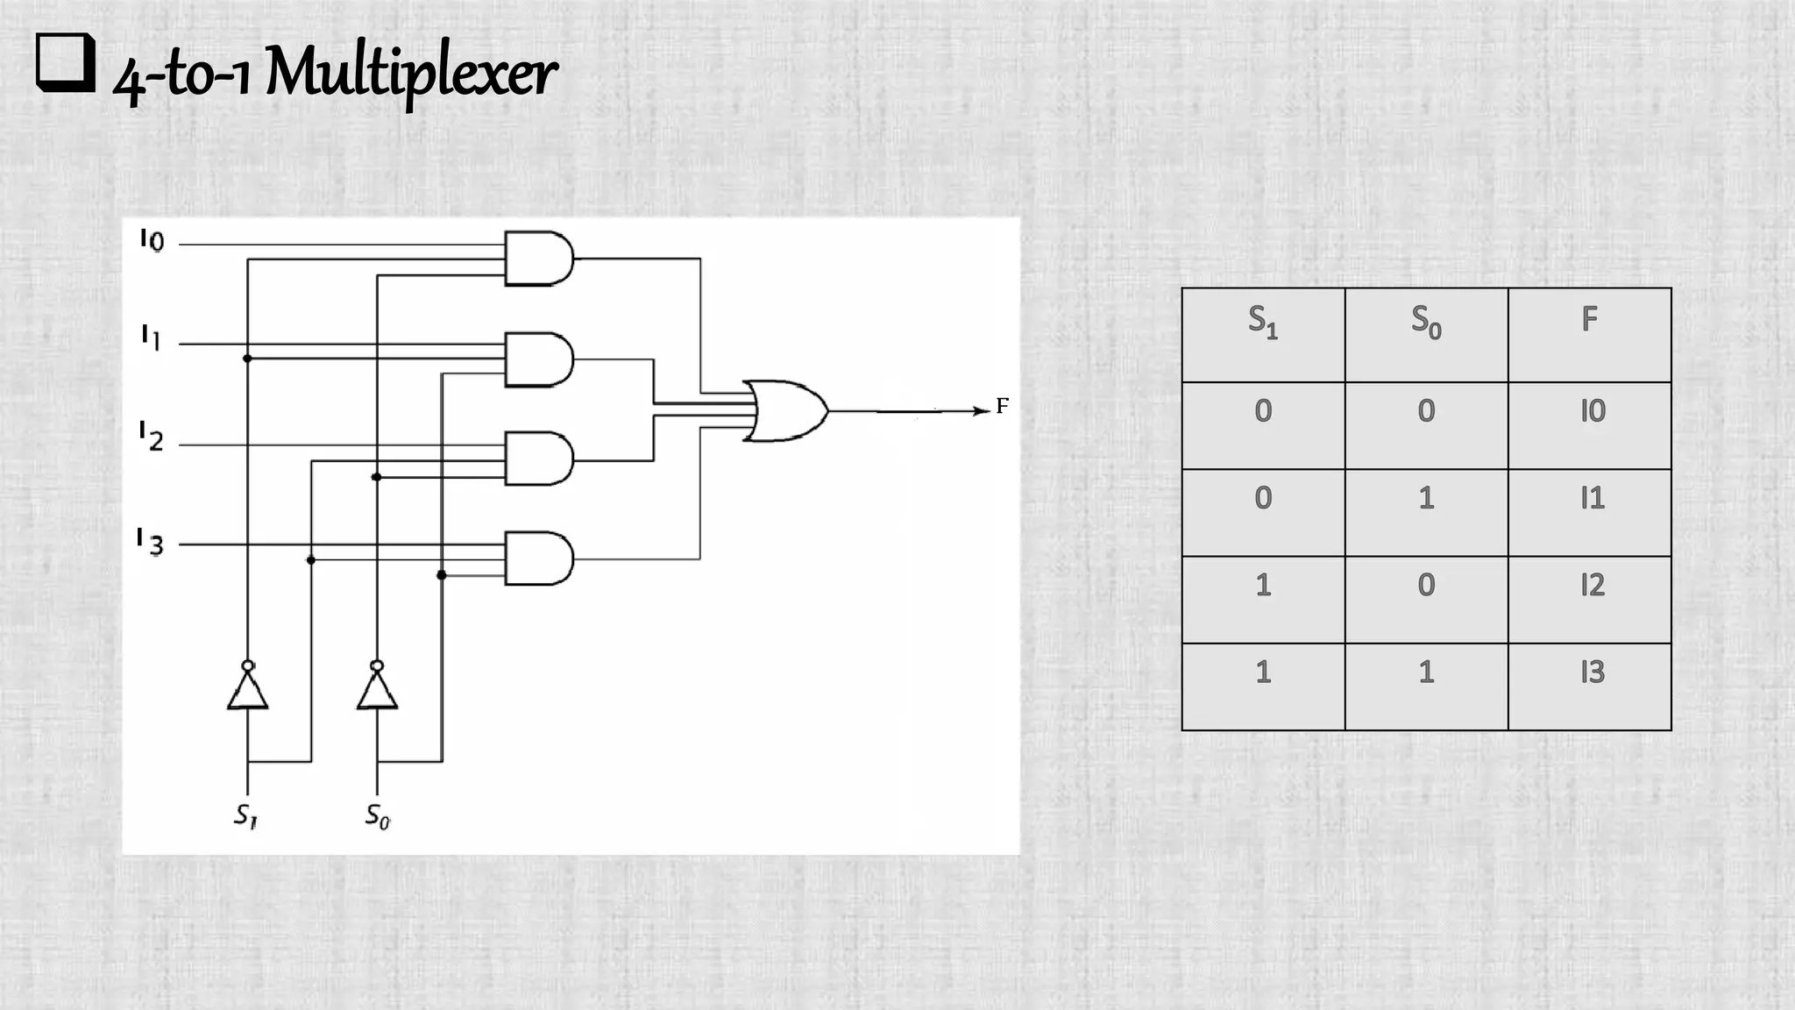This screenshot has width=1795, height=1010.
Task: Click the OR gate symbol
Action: (784, 410)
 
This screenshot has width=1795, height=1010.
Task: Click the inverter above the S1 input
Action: (247, 688)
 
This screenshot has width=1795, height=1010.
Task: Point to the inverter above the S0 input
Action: (377, 688)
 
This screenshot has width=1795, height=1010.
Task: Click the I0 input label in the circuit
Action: (152, 240)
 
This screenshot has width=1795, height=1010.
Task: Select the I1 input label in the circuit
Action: (152, 337)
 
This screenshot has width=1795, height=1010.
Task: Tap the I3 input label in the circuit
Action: (151, 543)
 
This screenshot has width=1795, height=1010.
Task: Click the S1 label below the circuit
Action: (245, 816)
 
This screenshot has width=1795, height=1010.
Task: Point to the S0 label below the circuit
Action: (377, 816)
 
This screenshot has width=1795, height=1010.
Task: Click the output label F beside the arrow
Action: (1003, 406)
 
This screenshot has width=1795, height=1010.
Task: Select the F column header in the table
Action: (1589, 319)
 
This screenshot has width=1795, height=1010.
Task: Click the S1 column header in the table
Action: (1263, 321)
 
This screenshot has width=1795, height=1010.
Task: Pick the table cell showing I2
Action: (1592, 585)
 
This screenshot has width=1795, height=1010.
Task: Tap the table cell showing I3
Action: (1592, 672)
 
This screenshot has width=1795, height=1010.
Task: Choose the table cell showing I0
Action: (1592, 411)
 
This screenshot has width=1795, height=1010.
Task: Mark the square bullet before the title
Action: (65, 63)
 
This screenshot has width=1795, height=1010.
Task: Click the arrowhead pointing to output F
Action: (982, 410)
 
